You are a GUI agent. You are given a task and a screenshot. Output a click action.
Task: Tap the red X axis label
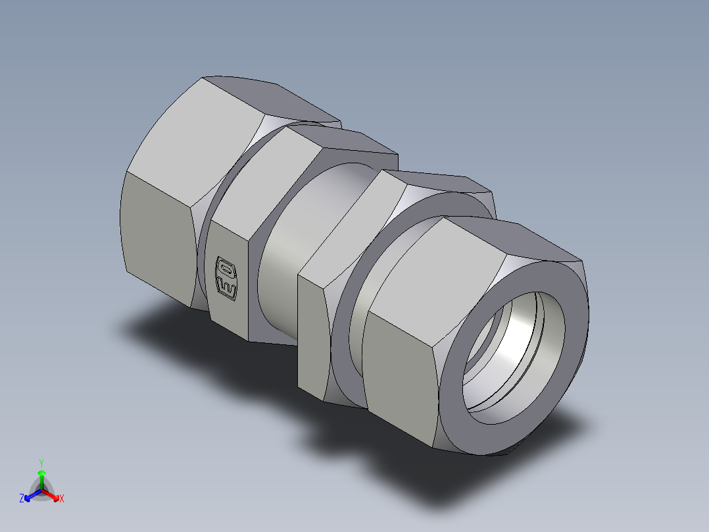[x=62, y=499]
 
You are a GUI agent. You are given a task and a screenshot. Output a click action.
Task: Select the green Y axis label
[x=41, y=462]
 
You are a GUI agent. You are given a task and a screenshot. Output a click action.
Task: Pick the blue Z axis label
[x=22, y=499]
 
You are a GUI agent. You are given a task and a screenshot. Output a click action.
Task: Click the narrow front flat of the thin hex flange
[x=312, y=336]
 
